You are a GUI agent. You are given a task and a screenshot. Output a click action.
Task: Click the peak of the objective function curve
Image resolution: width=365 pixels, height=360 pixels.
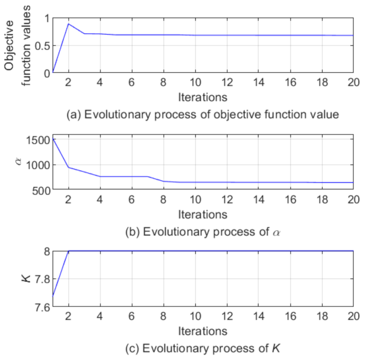[68, 23]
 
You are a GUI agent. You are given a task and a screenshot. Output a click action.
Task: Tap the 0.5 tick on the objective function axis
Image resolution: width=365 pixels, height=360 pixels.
[42, 46]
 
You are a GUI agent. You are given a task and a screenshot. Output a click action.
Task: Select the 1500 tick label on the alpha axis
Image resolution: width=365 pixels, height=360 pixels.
[38, 140]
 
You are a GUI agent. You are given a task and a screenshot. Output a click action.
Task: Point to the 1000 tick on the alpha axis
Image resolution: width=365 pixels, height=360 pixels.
[38, 165]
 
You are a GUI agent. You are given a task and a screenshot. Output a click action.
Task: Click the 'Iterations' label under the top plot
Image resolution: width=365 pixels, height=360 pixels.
[202, 97]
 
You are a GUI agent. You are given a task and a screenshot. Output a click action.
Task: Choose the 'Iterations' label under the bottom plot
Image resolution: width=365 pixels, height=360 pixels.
[202, 331]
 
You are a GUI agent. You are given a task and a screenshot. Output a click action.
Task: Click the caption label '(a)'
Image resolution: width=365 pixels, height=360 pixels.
[74, 115]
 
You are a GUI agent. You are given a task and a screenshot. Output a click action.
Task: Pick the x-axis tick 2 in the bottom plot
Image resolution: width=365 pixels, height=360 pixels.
[68, 317]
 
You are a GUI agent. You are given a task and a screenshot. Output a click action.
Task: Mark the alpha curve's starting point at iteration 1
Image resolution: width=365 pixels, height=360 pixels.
[53, 139]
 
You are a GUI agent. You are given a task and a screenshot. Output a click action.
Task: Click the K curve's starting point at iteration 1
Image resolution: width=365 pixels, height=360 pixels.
[53, 295]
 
